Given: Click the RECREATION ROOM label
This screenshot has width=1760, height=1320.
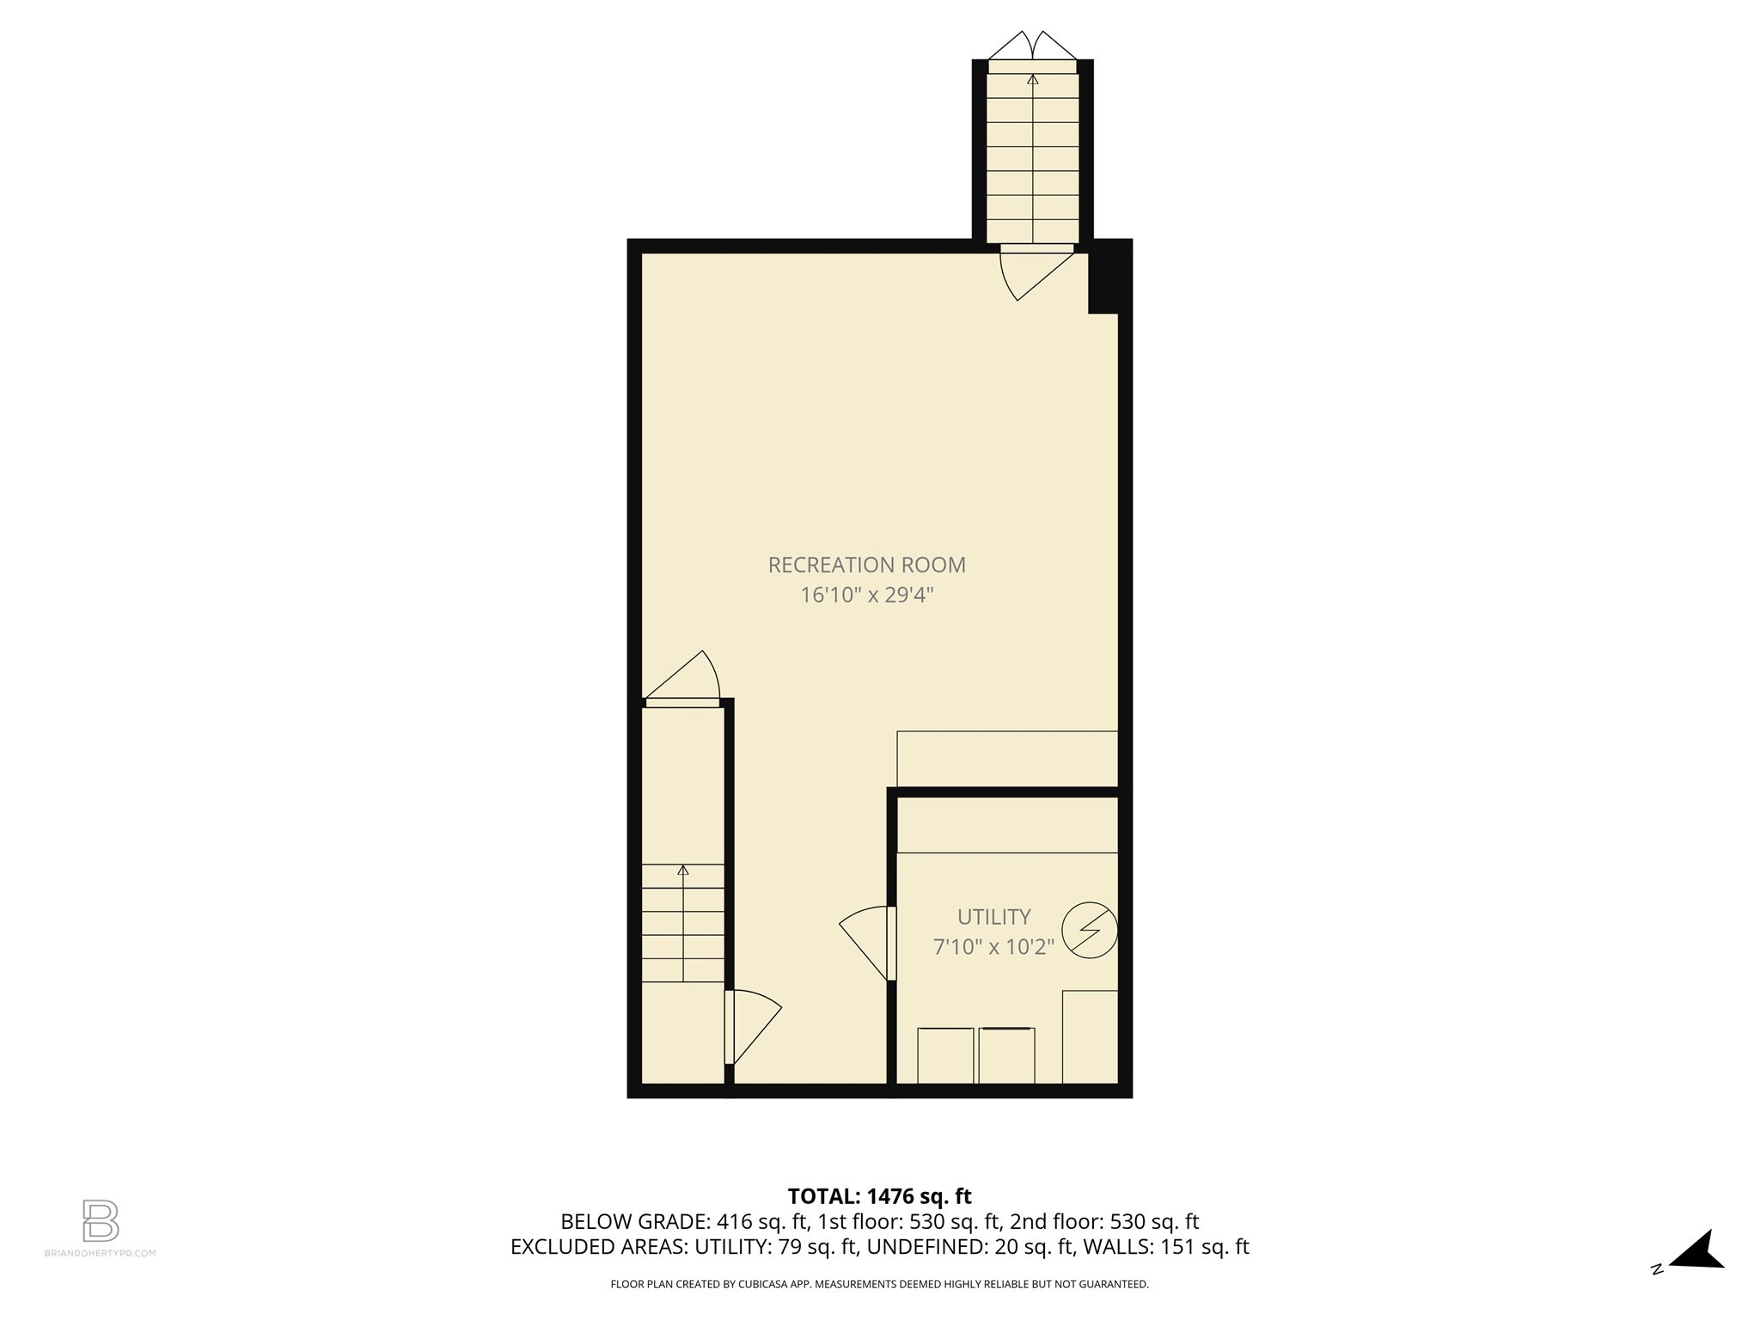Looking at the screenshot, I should [x=866, y=565].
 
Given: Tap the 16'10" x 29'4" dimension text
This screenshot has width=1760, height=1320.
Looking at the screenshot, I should [x=866, y=595].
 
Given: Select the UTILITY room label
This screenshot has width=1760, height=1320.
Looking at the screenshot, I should [x=993, y=916].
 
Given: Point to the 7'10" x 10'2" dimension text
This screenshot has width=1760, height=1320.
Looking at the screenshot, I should [x=993, y=947].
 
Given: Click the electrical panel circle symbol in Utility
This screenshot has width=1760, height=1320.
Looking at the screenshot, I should [x=1090, y=931].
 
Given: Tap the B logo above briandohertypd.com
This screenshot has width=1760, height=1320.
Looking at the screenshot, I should [x=101, y=1220].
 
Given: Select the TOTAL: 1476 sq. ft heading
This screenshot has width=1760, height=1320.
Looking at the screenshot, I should [x=879, y=1196].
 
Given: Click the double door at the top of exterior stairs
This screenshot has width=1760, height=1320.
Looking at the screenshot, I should [x=1032, y=46].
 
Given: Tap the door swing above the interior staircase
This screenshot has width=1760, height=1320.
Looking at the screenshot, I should [x=687, y=679].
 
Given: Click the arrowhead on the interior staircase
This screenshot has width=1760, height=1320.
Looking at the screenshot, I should [x=683, y=870].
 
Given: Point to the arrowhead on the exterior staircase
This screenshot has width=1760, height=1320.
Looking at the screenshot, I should [x=1032, y=79].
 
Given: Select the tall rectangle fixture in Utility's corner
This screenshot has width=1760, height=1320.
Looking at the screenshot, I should [x=1090, y=1036].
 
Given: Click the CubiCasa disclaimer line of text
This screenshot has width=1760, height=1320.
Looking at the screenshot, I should [x=879, y=1285].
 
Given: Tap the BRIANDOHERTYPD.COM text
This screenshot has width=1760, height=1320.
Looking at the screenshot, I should [x=100, y=1253].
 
